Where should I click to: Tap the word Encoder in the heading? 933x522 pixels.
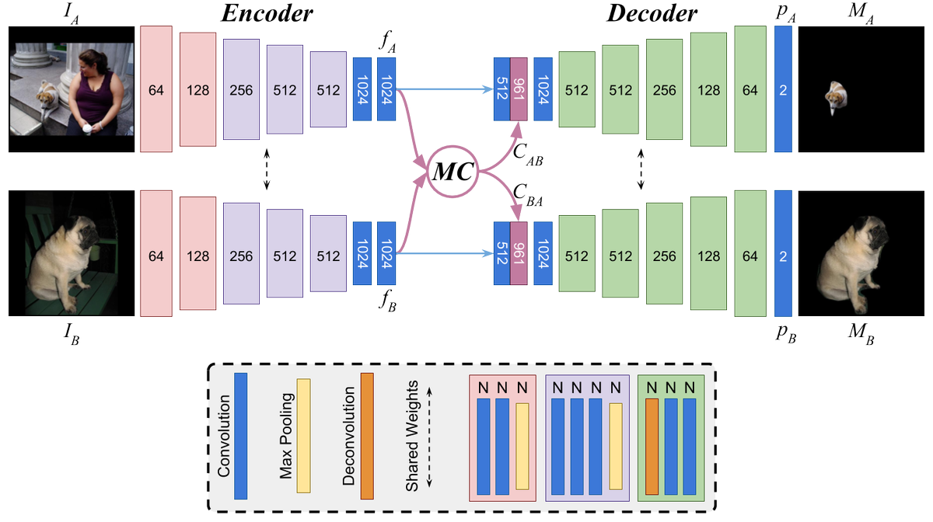click(267, 13)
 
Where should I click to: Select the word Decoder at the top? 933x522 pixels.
click(652, 13)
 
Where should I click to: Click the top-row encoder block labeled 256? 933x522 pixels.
click(241, 89)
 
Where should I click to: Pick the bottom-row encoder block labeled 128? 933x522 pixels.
click(197, 253)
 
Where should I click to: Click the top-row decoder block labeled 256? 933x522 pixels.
click(664, 89)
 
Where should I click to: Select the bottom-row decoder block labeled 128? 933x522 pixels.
click(708, 253)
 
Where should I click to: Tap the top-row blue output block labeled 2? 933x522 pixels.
click(783, 89)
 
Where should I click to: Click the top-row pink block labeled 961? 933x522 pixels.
click(519, 89)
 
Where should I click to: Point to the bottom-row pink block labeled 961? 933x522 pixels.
click(519, 253)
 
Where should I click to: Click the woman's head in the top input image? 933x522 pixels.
click(94, 61)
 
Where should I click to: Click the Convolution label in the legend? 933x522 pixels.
click(224, 436)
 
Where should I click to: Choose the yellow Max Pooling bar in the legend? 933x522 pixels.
click(304, 436)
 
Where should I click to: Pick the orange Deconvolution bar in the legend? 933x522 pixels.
click(367, 436)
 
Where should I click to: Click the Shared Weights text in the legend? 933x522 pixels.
click(412, 436)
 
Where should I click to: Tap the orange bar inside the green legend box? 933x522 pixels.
click(652, 447)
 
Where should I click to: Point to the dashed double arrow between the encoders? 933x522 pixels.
click(267, 169)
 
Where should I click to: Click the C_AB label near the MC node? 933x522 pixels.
click(528, 155)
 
